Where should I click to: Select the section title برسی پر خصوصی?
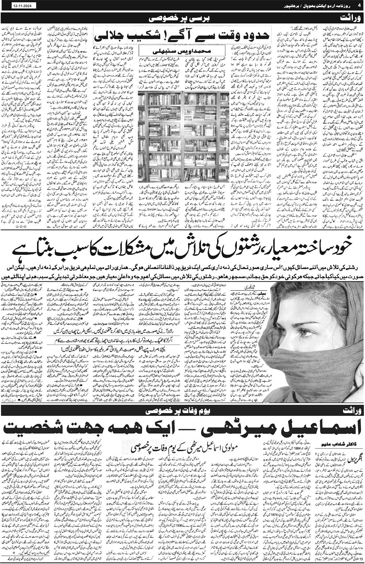point(182,19)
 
